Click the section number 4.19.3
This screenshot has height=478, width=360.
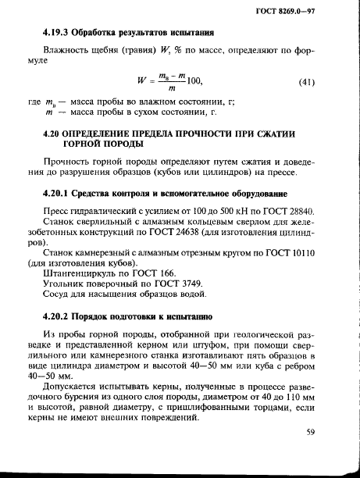[57, 34]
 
